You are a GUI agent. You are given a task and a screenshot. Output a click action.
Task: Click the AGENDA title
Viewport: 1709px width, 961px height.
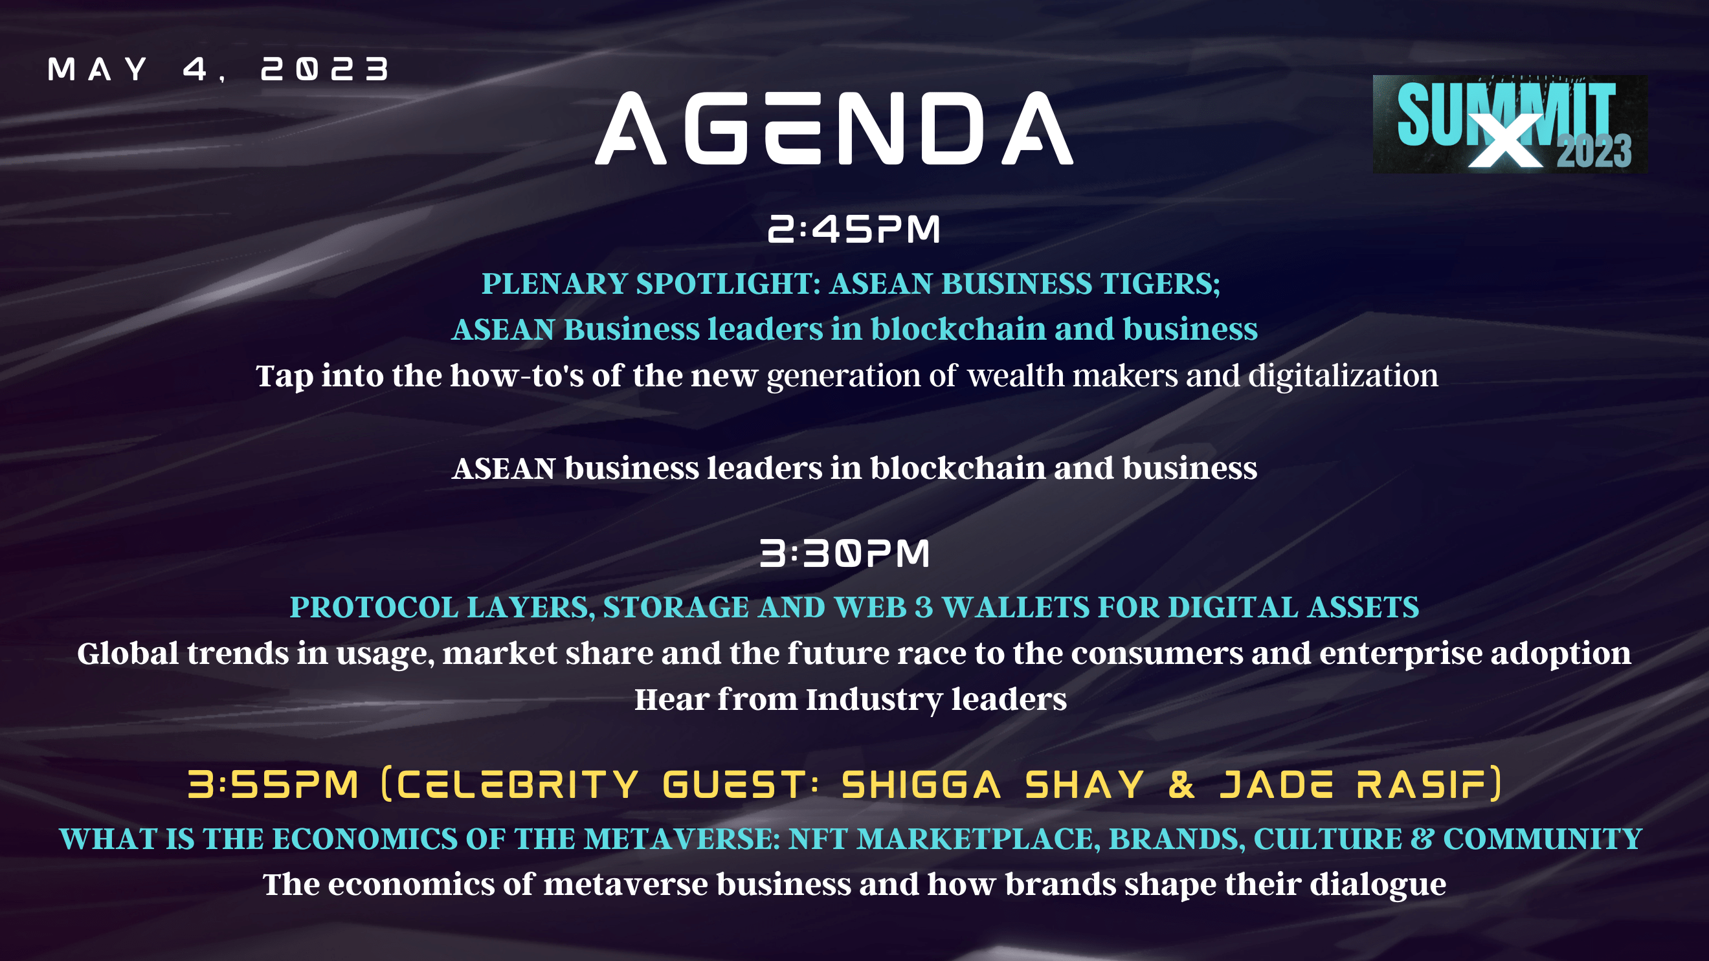coord(834,127)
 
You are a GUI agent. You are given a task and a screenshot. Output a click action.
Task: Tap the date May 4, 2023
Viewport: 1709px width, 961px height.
coord(219,69)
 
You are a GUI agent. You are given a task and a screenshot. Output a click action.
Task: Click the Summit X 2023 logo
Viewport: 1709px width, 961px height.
coord(1510,124)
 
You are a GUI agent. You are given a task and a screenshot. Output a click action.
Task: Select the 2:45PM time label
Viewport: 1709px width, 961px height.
coord(854,229)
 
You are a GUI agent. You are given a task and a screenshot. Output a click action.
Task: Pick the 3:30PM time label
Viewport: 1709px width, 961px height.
coord(845,553)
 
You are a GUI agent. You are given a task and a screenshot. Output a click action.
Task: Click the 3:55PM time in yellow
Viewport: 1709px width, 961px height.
coord(273,784)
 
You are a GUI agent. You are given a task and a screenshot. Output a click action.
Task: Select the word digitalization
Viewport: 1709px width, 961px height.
coord(1343,376)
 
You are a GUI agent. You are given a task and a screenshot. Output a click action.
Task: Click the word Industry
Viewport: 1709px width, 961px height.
coord(875,700)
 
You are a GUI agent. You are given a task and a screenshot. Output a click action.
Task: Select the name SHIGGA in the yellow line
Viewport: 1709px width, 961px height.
coord(921,784)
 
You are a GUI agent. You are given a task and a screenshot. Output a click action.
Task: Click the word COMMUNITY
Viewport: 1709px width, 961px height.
coord(1543,839)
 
